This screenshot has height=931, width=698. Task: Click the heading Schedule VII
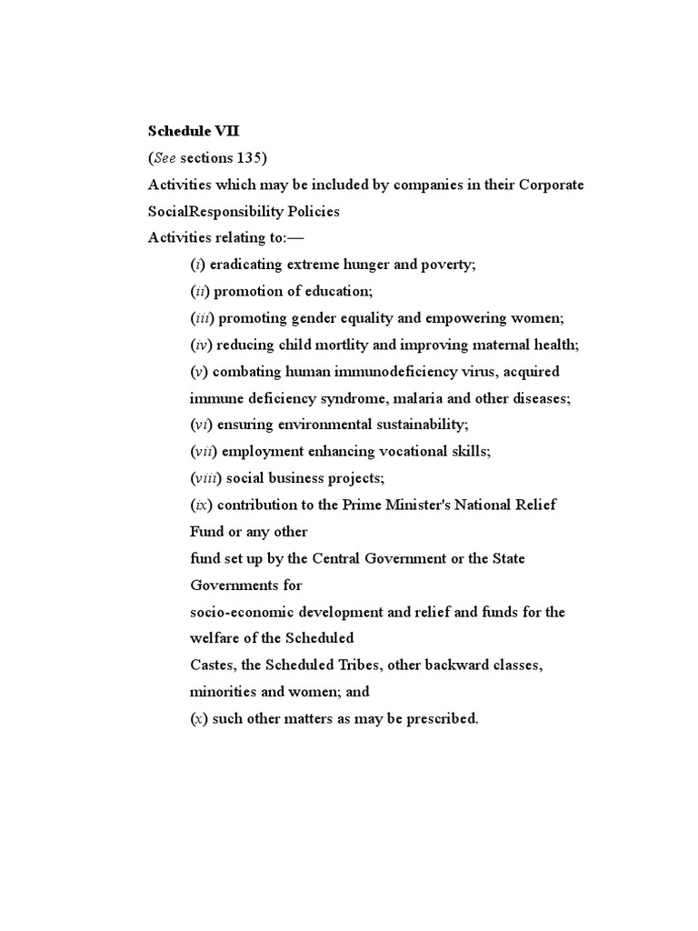point(194,131)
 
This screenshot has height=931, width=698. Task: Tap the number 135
point(249,158)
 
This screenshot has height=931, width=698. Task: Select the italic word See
point(165,158)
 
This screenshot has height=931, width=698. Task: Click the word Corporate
point(552,185)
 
